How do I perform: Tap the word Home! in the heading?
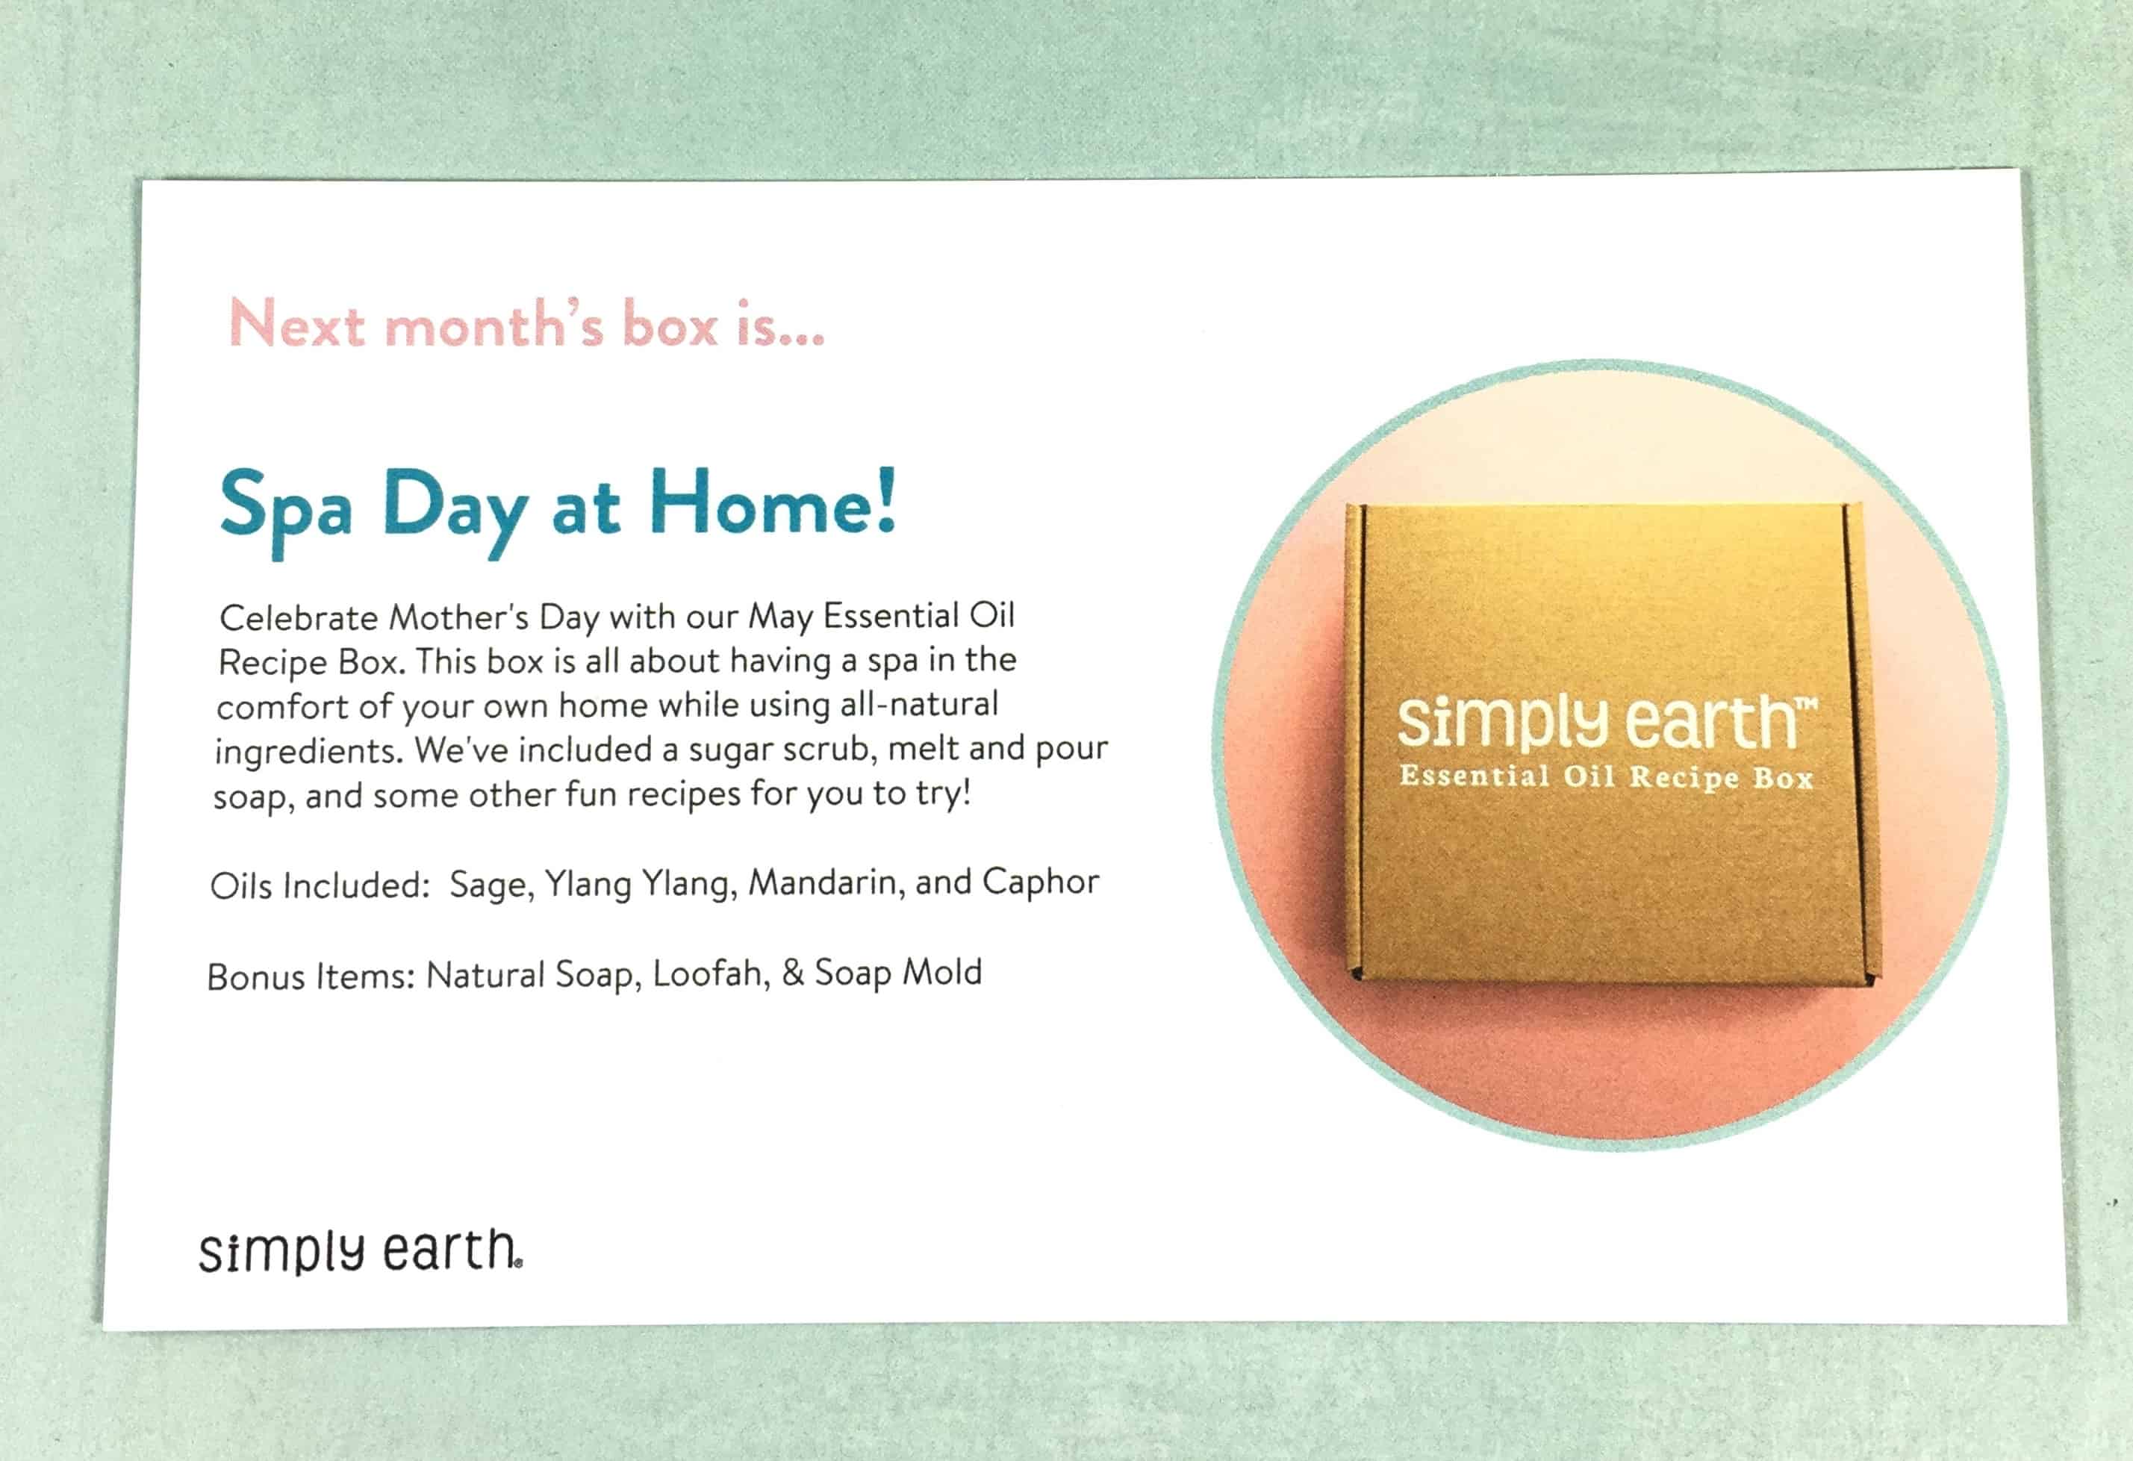pyautogui.click(x=772, y=503)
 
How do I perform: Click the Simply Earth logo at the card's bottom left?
pyautogui.click(x=361, y=1250)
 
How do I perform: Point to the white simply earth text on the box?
pyautogui.click(x=1606, y=722)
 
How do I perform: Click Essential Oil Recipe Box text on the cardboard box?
pyautogui.click(x=1606, y=777)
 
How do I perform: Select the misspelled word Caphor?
pyautogui.click(x=1041, y=882)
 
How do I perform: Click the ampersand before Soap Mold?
pyautogui.click(x=793, y=973)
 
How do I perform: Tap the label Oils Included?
pyautogui.click(x=320, y=886)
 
